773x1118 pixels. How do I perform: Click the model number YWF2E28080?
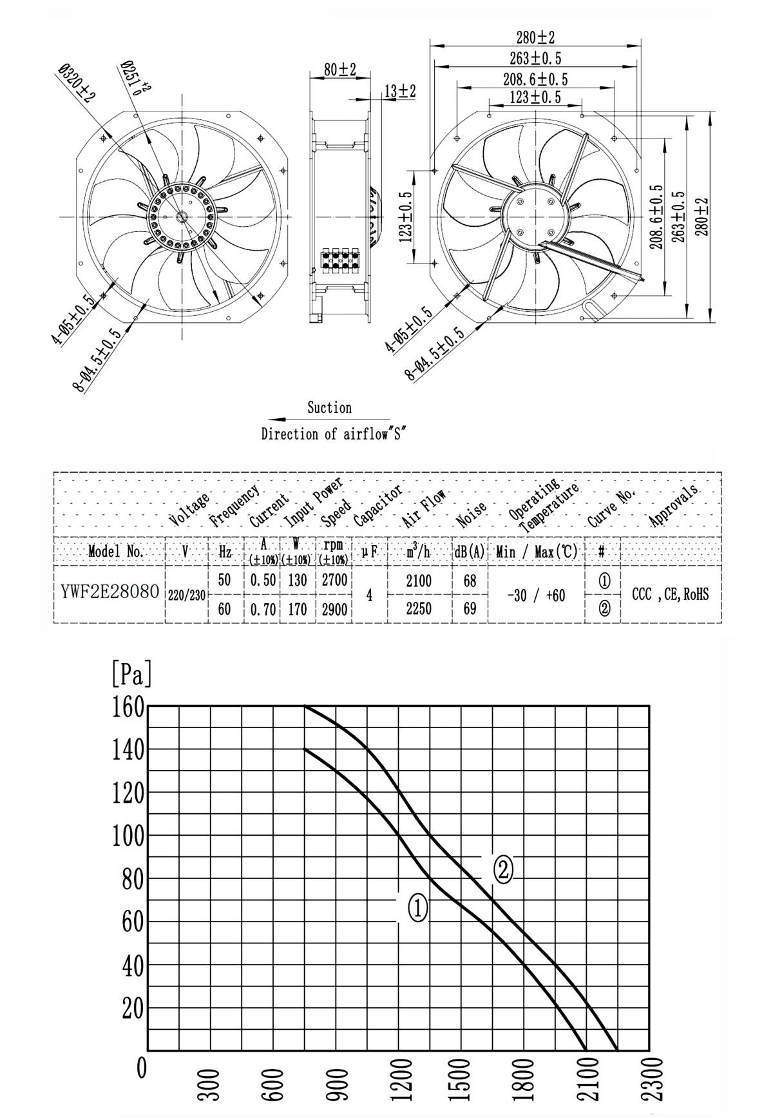[x=110, y=592]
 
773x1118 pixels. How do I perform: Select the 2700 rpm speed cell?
[x=334, y=579]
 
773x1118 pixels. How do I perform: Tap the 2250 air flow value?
[x=419, y=608]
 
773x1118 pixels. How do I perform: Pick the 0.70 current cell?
[x=263, y=609]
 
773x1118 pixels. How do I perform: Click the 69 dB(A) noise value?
[x=470, y=608]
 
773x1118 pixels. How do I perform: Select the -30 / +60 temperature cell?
[x=536, y=595]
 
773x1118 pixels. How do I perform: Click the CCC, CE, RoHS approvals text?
[x=670, y=594]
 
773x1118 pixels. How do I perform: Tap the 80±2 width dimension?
[x=340, y=70]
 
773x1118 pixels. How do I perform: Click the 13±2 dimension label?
[x=400, y=92]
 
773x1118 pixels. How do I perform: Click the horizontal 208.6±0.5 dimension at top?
[x=535, y=79]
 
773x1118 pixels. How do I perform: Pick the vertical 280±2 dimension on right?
[x=701, y=216]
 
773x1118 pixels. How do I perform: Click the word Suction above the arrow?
[x=329, y=407]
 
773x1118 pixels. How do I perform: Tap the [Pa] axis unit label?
[x=131, y=673]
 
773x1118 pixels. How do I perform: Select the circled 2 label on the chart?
[x=503, y=870]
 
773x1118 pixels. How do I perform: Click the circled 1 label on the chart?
[x=417, y=908]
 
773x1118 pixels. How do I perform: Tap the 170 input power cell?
[x=297, y=609]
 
